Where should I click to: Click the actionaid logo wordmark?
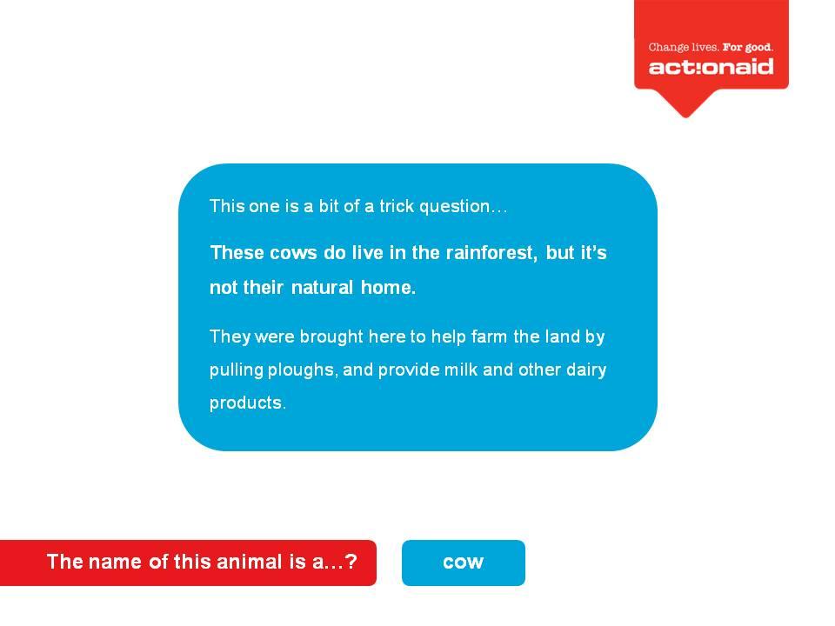pyautogui.click(x=711, y=67)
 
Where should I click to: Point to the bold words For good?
pyautogui.click(x=748, y=47)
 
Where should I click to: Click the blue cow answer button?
pyautogui.click(x=464, y=563)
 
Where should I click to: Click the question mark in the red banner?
pyautogui.click(x=351, y=562)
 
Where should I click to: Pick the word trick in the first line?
pyautogui.click(x=397, y=206)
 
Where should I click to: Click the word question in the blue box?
pyautogui.click(x=454, y=207)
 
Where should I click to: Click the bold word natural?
pyautogui.click(x=322, y=288)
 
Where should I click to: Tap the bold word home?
pyautogui.click(x=388, y=288)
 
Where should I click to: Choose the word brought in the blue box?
pyautogui.click(x=331, y=337)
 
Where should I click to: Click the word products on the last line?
pyautogui.click(x=247, y=403)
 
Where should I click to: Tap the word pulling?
pyautogui.click(x=237, y=370)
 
